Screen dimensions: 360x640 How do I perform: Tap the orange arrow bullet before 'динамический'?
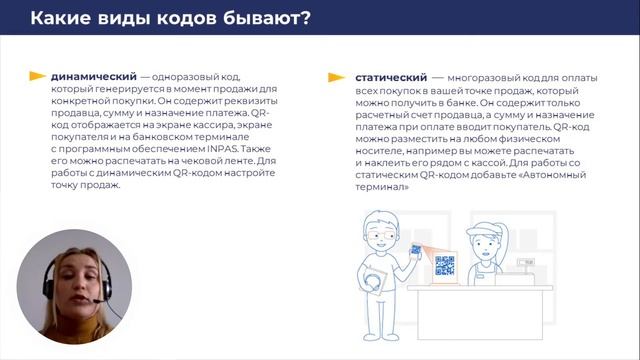tap(37, 76)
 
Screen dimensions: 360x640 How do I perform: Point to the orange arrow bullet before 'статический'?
tap(336, 76)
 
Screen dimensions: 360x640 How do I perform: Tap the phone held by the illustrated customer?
tap(415, 249)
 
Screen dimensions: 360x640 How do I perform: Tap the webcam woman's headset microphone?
tap(96, 299)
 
